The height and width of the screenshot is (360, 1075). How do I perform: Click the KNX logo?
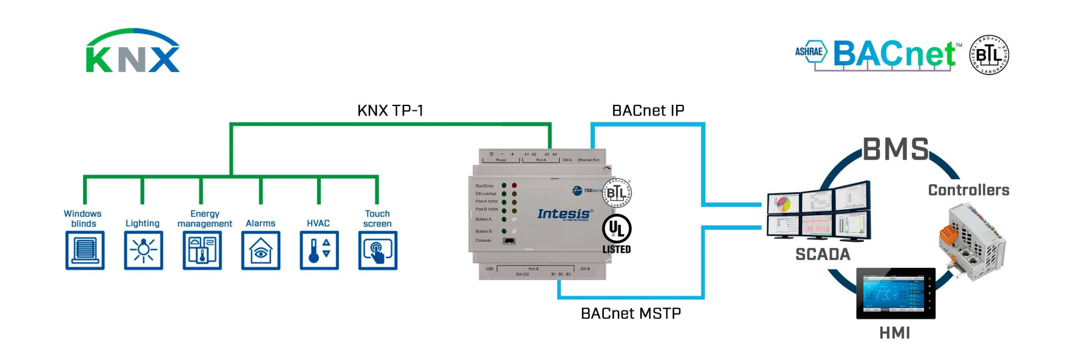coord(133,52)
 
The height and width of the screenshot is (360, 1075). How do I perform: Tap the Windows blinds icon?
coord(85,250)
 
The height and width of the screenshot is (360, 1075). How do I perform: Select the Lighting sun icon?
coord(144,250)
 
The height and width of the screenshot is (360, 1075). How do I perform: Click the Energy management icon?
coord(203,250)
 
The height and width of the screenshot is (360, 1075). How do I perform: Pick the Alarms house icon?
coord(261,250)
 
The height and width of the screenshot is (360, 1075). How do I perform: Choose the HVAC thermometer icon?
coord(320,250)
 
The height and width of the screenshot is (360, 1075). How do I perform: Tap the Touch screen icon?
coord(378,250)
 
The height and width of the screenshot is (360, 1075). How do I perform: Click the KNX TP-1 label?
coord(390,110)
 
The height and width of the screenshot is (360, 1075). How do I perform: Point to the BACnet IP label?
coord(648,110)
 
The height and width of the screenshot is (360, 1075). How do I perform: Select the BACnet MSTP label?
coord(631,313)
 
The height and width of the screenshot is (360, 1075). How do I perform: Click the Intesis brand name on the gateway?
coord(564,214)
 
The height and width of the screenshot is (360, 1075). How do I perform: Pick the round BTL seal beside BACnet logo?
coord(989,55)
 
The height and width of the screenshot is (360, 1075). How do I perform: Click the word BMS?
coord(896,149)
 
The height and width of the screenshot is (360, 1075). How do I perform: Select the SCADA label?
coord(823,255)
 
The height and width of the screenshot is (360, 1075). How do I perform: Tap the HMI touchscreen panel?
coord(896,294)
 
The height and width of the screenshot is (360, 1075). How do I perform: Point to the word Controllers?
coord(968,190)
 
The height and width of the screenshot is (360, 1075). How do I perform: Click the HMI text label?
coord(895,333)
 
